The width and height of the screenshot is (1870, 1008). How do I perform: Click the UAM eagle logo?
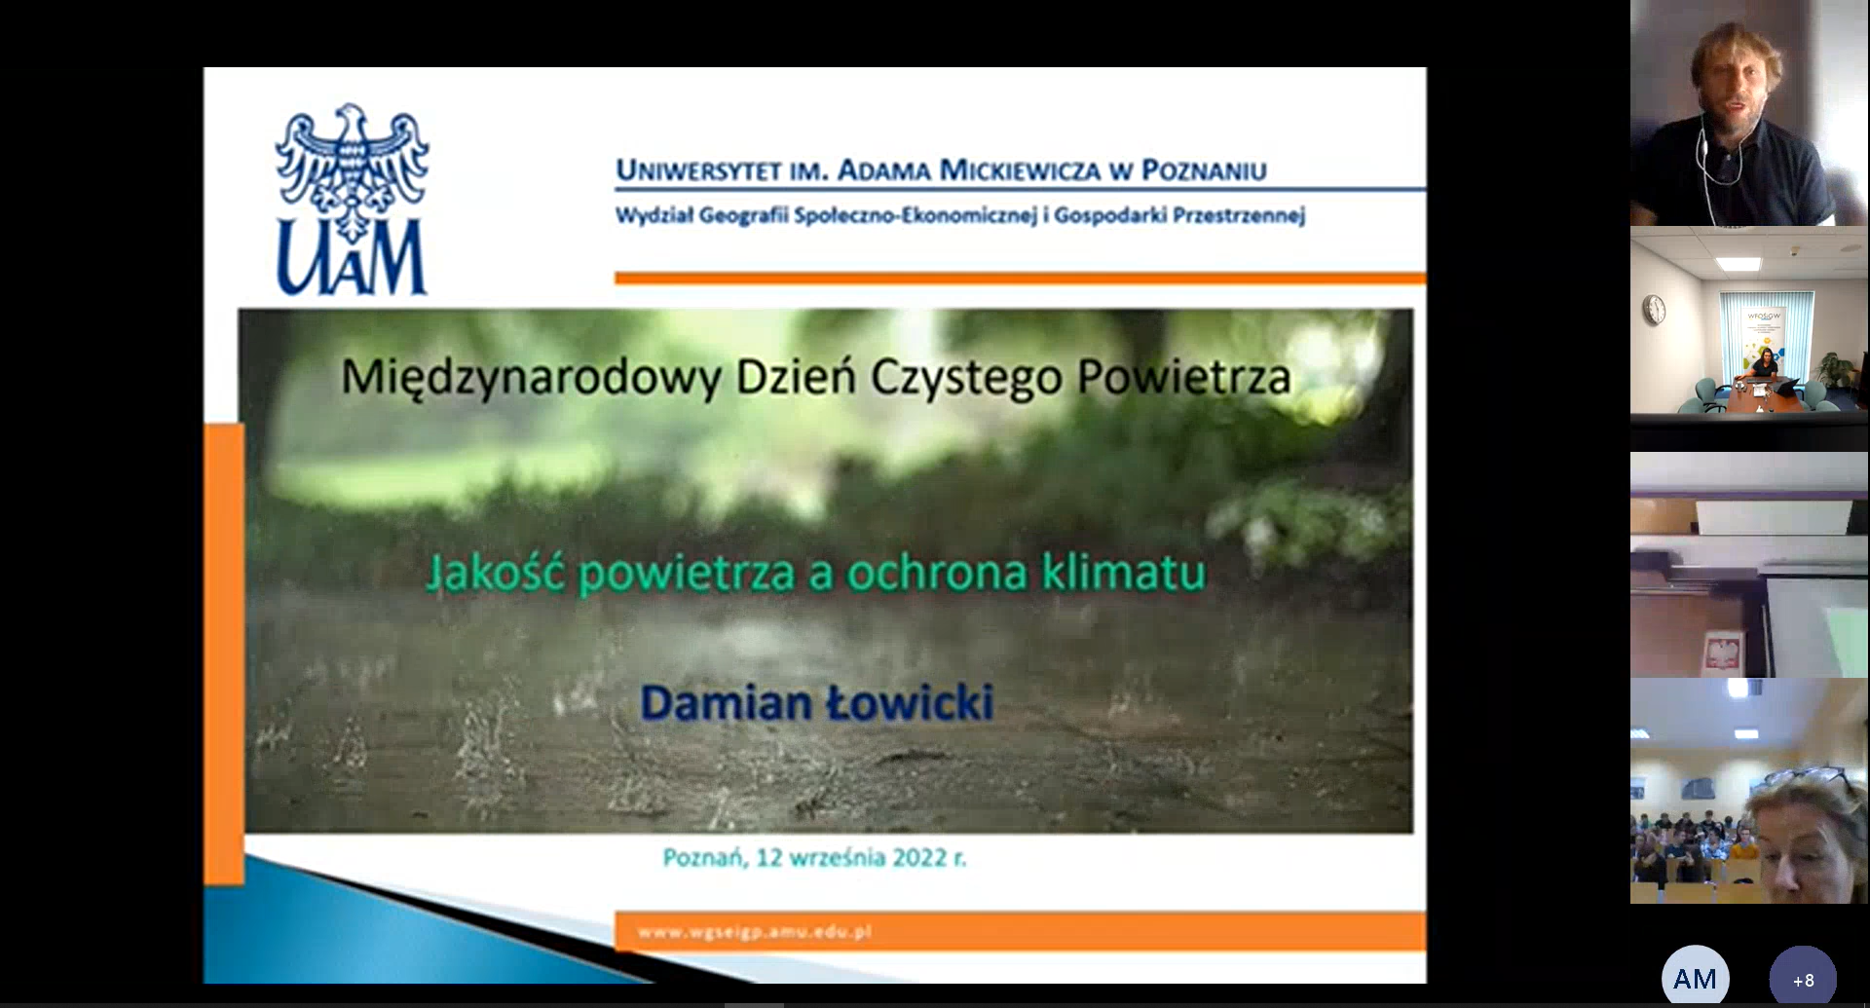[x=352, y=200]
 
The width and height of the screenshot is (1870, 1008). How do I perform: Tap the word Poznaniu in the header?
[x=1204, y=170]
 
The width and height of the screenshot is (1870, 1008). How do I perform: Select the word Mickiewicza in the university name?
[x=1019, y=170]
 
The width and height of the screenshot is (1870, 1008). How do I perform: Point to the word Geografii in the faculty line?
[x=743, y=215]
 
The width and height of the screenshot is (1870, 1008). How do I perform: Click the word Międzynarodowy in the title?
[x=531, y=378]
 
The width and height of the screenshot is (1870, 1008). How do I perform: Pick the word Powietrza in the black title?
[x=1184, y=377]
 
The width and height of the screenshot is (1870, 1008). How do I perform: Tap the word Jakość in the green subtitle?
[x=496, y=573]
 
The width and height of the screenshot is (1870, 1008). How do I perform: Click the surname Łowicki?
[x=910, y=702]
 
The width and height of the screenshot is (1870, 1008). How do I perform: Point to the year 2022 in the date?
[x=919, y=857]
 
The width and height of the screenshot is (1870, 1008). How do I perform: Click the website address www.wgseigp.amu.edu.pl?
[x=755, y=932]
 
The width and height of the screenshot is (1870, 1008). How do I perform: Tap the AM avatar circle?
[x=1695, y=978]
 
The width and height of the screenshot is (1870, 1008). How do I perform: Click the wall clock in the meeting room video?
[x=1654, y=311]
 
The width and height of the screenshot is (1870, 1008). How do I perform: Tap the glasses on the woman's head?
[x=1807, y=778]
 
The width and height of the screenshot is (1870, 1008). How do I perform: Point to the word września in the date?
[x=837, y=858]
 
